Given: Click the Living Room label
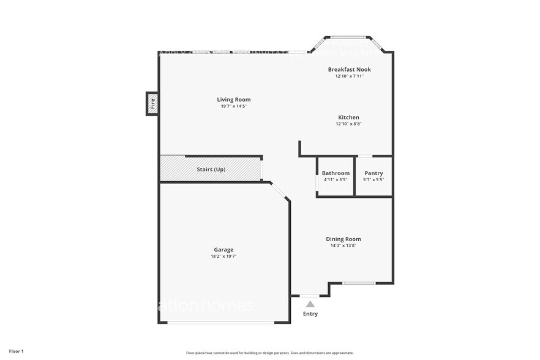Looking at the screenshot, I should tap(234, 99).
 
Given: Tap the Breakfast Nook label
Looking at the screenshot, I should tap(349, 69).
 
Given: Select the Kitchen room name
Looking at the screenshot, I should tap(349, 117).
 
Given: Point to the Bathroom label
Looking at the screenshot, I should tap(336, 173).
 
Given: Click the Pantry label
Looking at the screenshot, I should tap(373, 173).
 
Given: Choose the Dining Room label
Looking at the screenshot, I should tap(343, 239).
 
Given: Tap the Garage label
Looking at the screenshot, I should tap(223, 249).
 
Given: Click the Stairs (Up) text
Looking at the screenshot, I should tap(211, 169).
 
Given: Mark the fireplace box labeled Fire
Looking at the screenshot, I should tap(152, 103).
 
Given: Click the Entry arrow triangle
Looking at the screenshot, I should tap(310, 304).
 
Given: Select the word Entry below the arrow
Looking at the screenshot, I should tap(310, 314).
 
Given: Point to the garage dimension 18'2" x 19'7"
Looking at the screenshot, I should tap(223, 257).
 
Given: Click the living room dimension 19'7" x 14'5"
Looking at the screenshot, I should tap(234, 107).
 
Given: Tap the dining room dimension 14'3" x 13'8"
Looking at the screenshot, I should tap(343, 246).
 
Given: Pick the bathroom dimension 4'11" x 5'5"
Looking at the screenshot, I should tap(336, 180).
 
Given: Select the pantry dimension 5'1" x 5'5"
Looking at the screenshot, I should tap(373, 180).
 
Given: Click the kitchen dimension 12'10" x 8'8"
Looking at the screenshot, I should tap(349, 124).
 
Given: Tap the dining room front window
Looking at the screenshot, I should tap(358, 283).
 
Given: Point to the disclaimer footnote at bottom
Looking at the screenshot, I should tap(269, 353).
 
